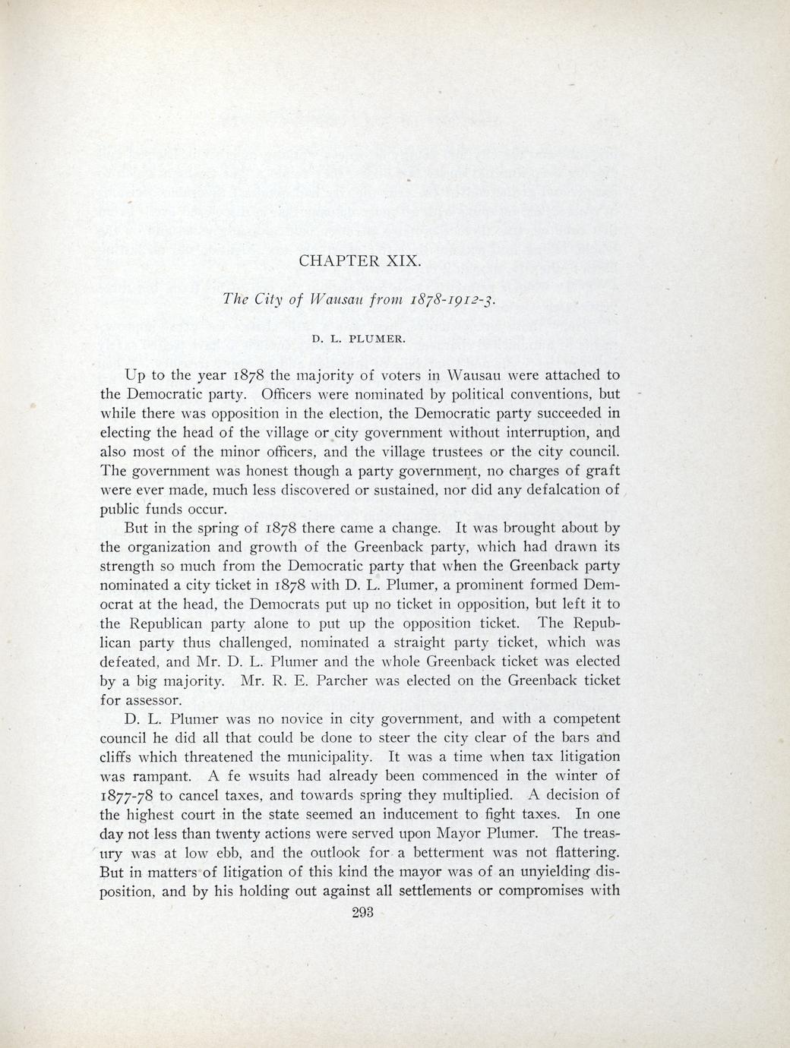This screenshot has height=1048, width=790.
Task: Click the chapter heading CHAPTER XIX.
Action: click(359, 260)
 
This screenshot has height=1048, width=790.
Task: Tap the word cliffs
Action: click(118, 756)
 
